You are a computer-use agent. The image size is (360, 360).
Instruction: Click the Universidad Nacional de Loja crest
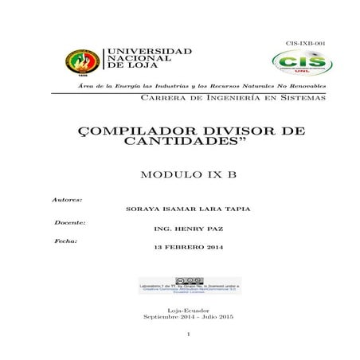81,61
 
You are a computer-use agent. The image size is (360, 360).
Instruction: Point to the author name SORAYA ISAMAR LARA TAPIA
189,209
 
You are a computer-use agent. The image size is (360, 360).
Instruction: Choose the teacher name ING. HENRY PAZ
189,229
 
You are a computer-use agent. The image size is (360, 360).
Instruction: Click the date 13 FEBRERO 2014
189,248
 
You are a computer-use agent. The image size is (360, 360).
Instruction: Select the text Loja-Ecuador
189,310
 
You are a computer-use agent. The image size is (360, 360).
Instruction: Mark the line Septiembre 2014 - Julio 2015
189,317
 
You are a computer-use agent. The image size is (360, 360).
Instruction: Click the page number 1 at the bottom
189,335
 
